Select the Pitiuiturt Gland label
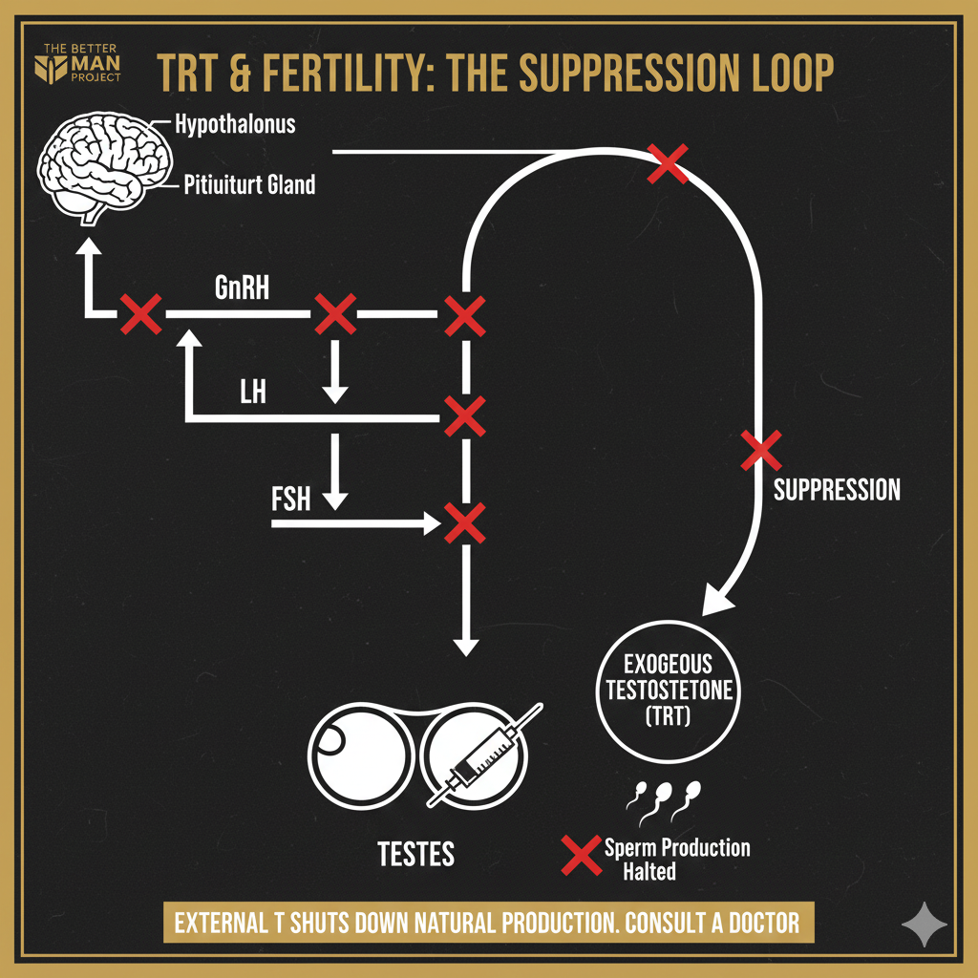248,184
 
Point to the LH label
252,392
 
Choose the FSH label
290,498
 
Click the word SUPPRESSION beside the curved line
836,491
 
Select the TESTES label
416,853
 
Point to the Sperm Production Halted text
676,859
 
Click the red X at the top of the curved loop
668,163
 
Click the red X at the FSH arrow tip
464,522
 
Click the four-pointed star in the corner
925,925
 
